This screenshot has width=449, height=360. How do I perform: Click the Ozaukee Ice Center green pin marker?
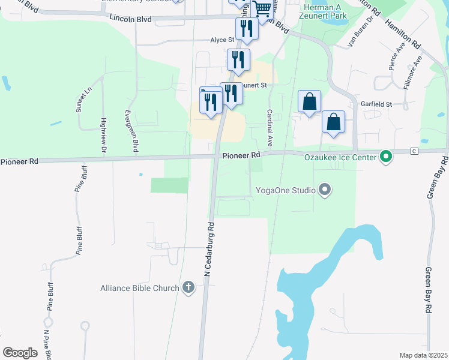pos(386,158)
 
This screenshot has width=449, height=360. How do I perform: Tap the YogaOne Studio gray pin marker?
pos(325,191)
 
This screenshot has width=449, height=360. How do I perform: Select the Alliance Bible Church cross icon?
pos(188,287)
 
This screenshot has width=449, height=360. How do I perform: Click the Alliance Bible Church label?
pos(140,288)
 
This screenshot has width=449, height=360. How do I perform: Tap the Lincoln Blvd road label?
pos(130,19)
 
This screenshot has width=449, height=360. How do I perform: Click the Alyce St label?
pos(221,40)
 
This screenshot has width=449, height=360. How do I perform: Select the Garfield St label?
pos(376,104)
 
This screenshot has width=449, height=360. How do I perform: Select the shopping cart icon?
pos(262,8)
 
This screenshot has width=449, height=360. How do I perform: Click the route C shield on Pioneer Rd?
pos(414,151)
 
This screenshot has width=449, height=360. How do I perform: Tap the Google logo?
pos(20,353)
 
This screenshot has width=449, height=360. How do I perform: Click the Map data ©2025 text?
pos(423,355)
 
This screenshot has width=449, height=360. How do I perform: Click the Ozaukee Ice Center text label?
pos(340,158)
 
